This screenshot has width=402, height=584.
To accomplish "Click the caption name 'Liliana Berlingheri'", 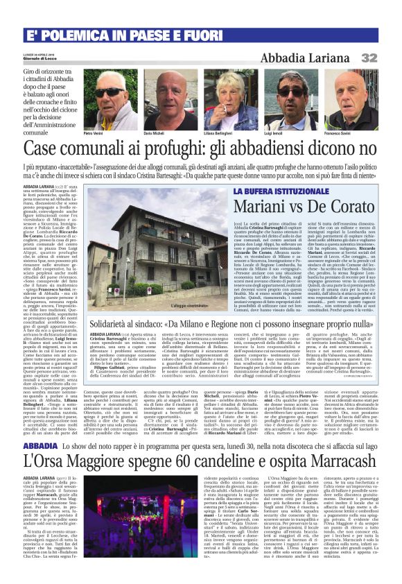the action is [220, 132].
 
